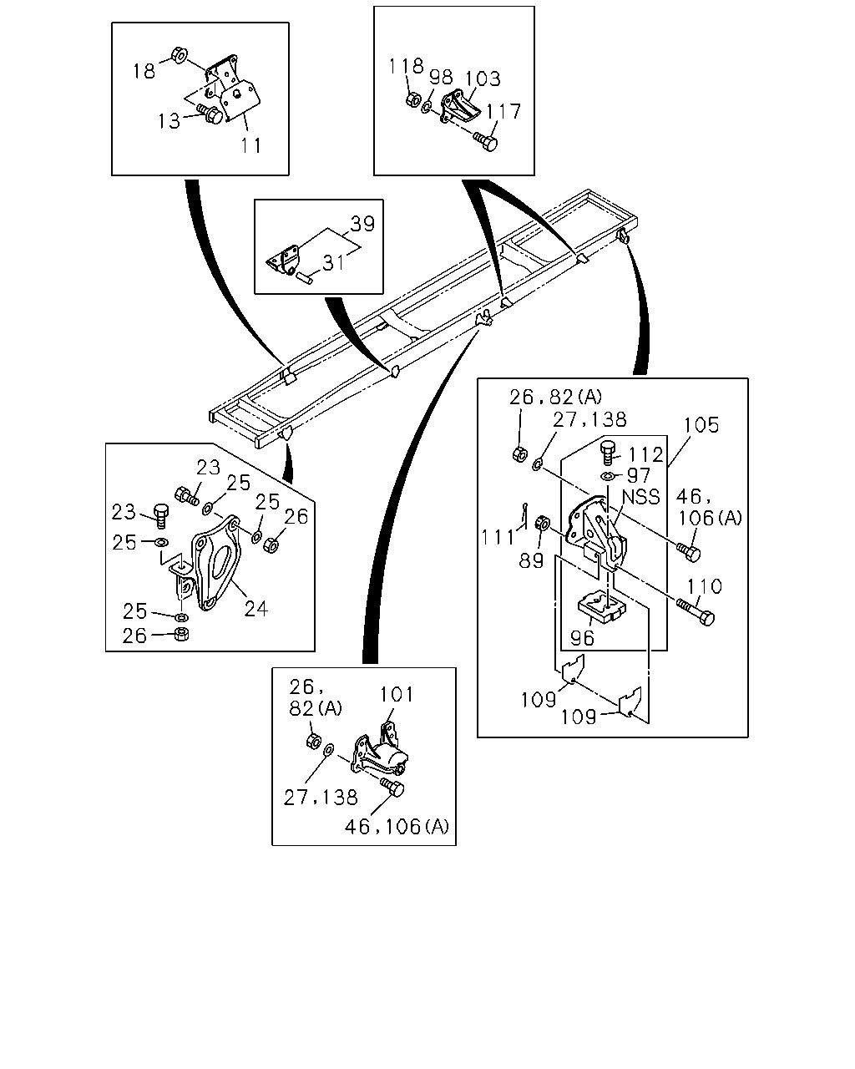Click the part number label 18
[144, 71]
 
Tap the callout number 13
[169, 121]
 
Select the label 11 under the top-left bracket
[250, 145]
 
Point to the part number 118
[406, 66]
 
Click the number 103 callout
[483, 79]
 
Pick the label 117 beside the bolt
[503, 111]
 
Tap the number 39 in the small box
[362, 224]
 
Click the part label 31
[333, 263]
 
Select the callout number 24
[256, 609]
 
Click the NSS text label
[641, 497]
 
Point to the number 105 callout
[701, 425]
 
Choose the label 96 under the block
[582, 638]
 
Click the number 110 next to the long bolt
[705, 586]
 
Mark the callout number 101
[397, 695]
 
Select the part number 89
[532, 560]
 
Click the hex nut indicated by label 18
[179, 55]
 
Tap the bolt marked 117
[485, 142]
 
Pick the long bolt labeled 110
[695, 611]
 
